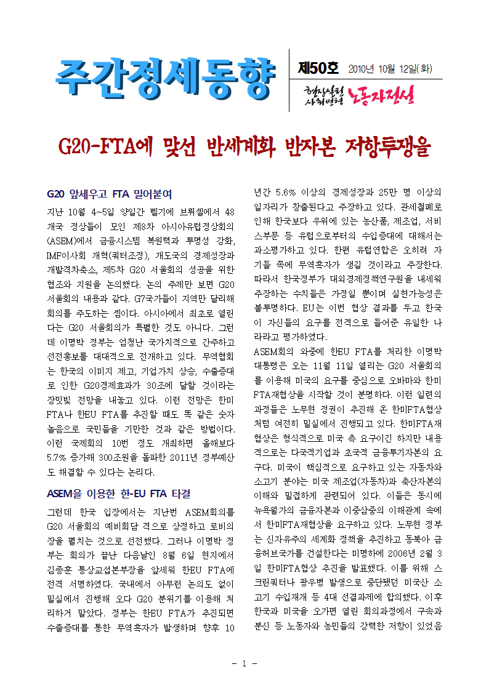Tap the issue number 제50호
pyautogui.click(x=317, y=68)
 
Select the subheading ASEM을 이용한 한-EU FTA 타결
pyautogui.click(x=119, y=493)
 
